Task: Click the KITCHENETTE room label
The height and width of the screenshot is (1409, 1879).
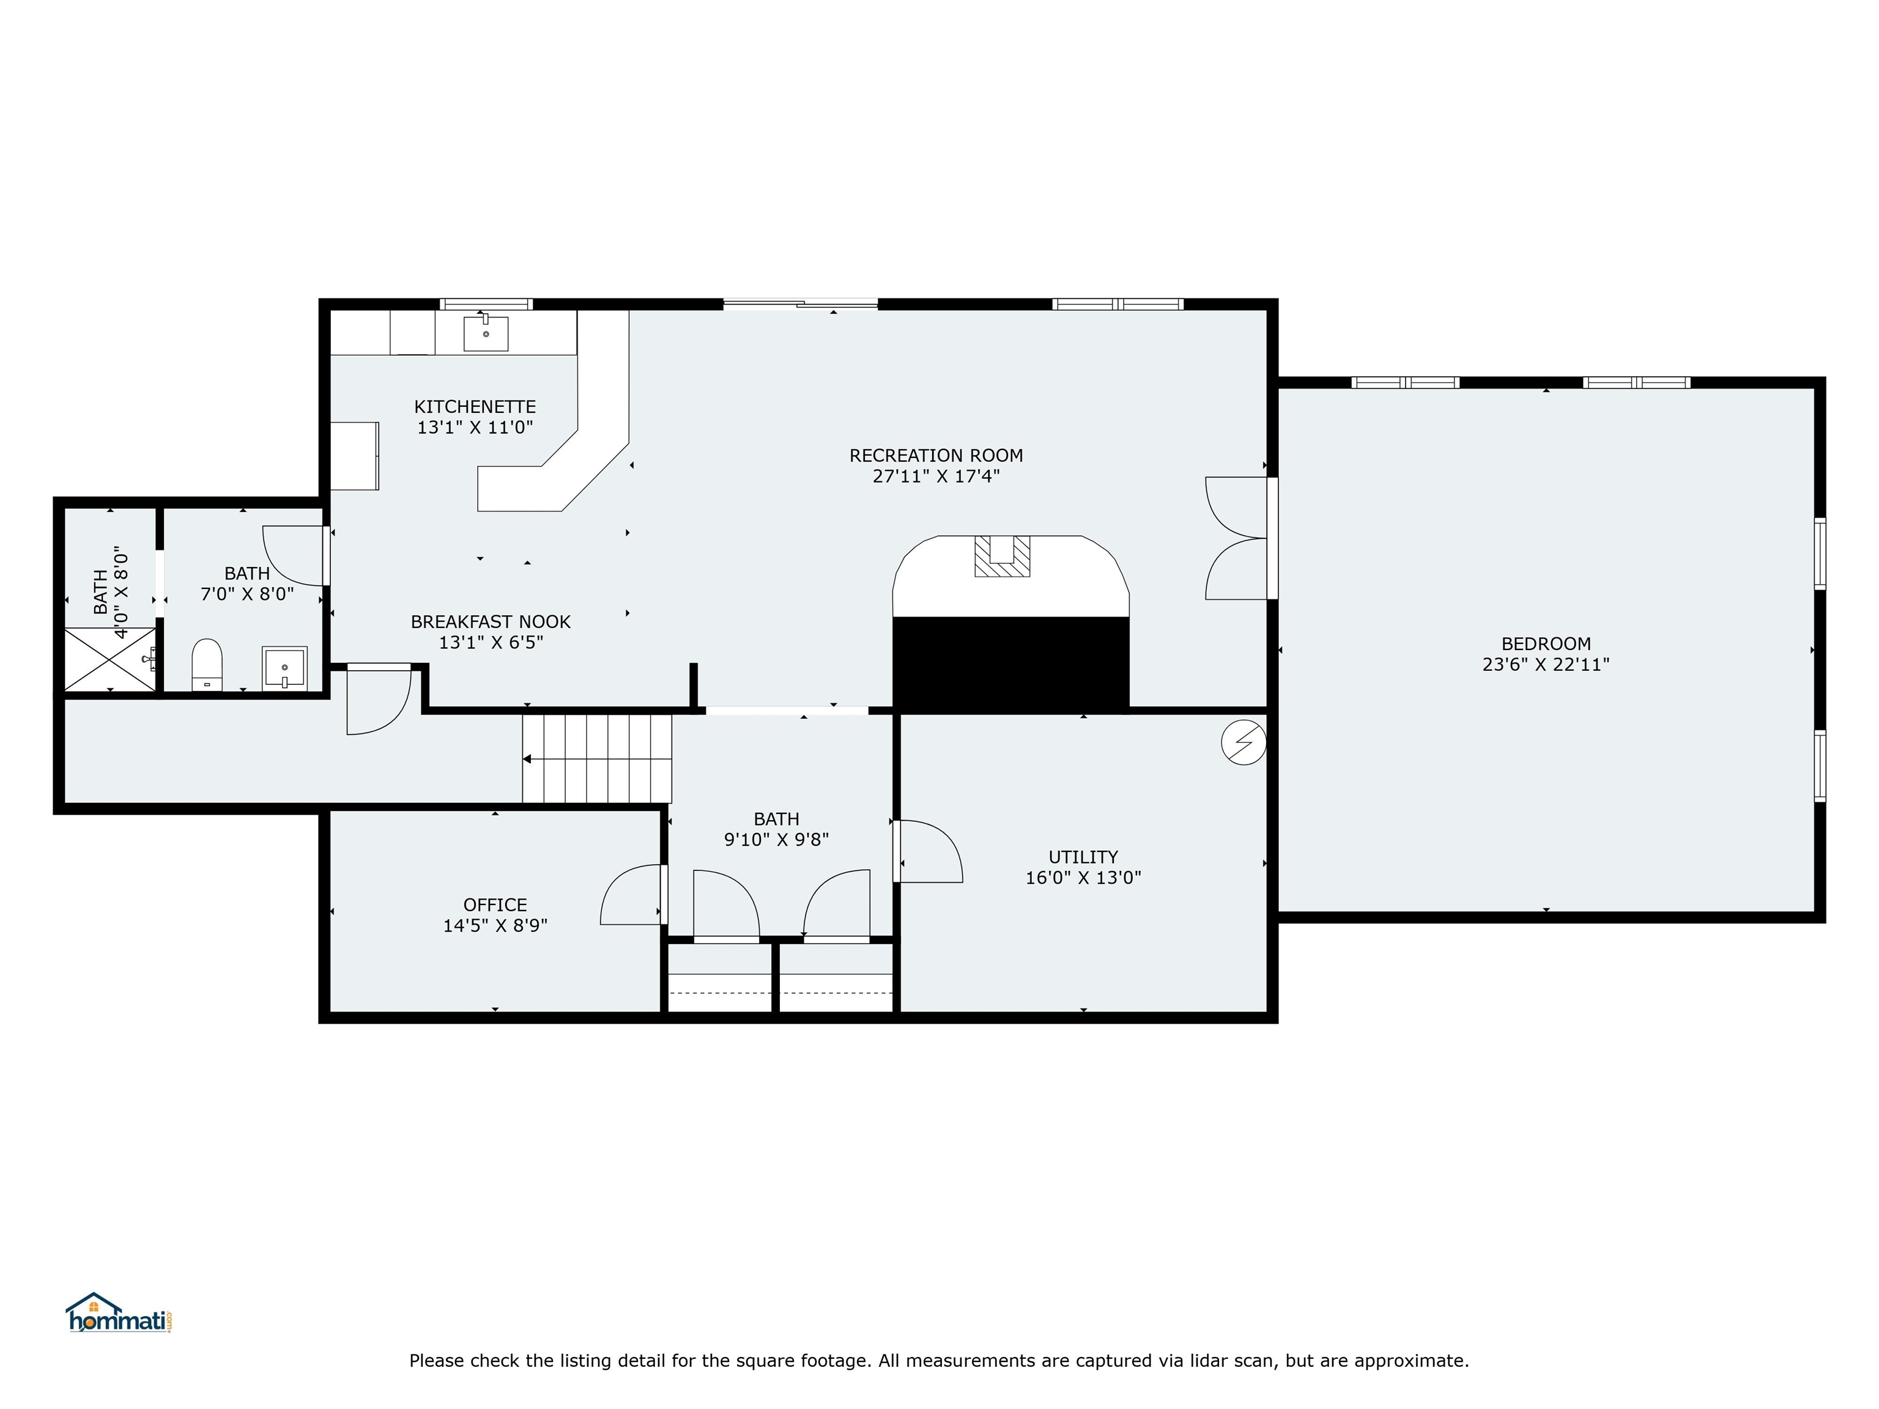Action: [x=475, y=407]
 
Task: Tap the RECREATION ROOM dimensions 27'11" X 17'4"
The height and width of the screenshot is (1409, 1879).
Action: [x=935, y=476]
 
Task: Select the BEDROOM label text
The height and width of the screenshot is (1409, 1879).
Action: [x=1545, y=644]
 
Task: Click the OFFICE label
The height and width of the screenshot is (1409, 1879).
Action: [x=494, y=904]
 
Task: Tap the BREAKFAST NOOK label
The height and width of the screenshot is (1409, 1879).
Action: [x=490, y=622]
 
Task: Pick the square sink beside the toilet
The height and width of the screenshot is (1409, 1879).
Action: [x=284, y=668]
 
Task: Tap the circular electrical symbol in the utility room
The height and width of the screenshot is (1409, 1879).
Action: [x=1243, y=743]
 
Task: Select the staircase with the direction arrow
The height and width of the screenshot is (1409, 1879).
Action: [x=596, y=758]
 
